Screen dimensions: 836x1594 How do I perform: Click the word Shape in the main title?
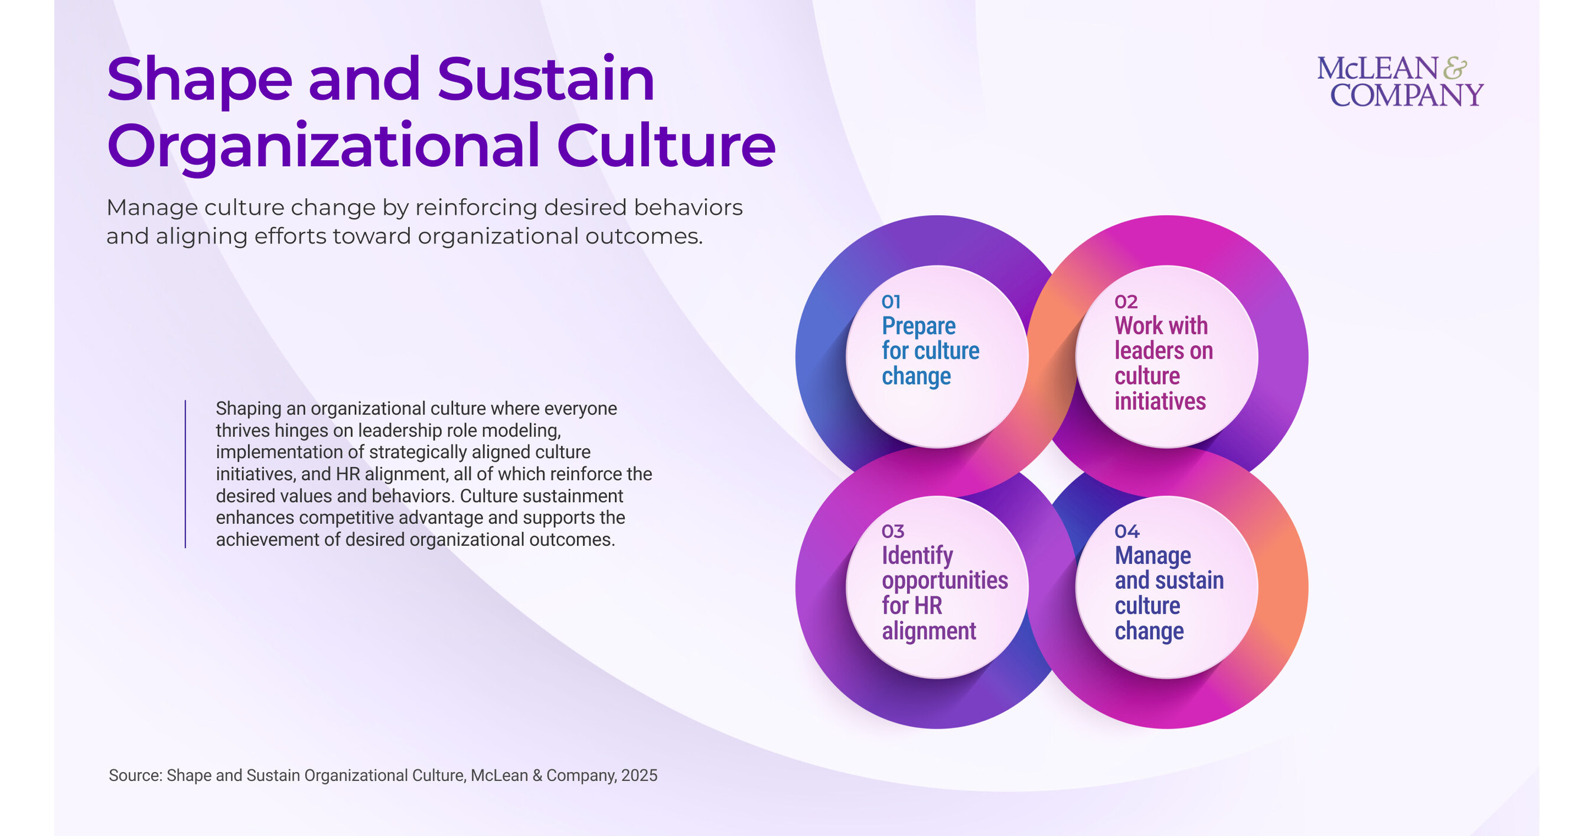(199, 80)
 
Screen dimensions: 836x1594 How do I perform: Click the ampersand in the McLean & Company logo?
(1455, 68)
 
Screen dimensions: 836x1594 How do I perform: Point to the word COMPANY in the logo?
(1407, 95)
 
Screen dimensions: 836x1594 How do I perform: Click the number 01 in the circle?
(891, 302)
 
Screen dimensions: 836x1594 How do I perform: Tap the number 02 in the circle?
(1126, 302)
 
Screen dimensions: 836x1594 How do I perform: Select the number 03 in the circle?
(893, 532)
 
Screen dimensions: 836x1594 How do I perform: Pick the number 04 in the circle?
(1127, 532)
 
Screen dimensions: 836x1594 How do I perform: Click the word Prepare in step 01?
(918, 326)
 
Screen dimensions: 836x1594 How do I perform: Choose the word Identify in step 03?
(917, 556)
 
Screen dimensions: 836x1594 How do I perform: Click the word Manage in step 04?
(1153, 556)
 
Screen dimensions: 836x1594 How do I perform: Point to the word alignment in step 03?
(929, 631)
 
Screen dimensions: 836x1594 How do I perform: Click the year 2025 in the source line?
(639, 775)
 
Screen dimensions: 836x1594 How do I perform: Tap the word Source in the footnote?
(134, 775)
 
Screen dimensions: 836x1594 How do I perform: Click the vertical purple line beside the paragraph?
(185, 474)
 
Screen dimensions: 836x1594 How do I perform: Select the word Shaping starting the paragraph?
(248, 409)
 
